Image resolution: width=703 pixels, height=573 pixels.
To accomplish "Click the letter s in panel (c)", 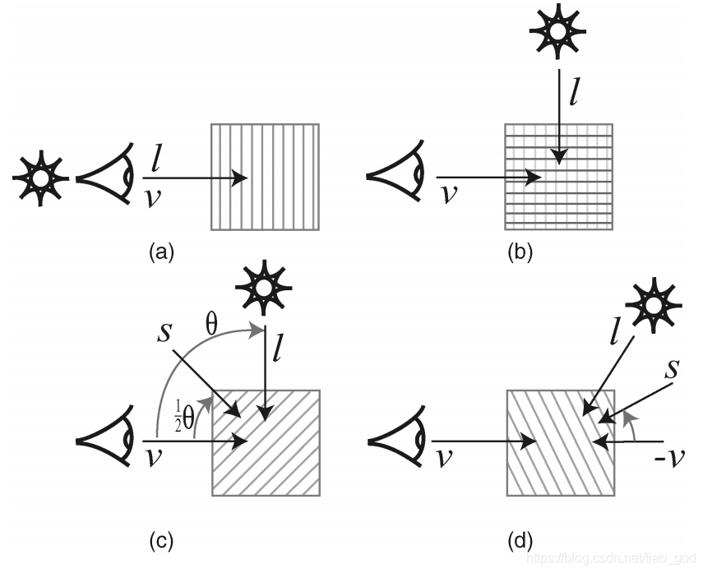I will tap(164, 333).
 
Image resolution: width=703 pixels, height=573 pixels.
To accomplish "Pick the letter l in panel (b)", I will tap(576, 93).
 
